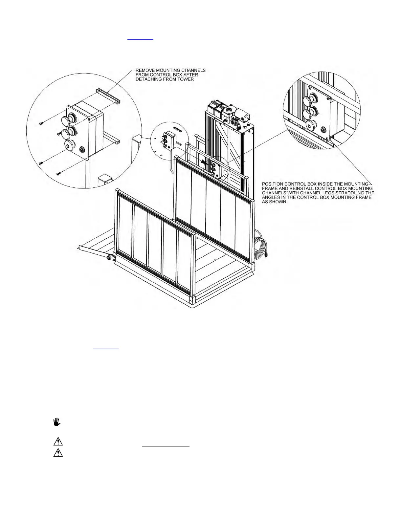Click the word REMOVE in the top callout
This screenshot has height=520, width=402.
(x=145, y=70)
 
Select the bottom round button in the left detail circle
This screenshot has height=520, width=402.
(x=69, y=144)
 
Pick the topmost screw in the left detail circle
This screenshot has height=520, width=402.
(x=41, y=123)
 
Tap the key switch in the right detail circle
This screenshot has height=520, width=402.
(x=324, y=129)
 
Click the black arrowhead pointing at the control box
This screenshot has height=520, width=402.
(x=205, y=162)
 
